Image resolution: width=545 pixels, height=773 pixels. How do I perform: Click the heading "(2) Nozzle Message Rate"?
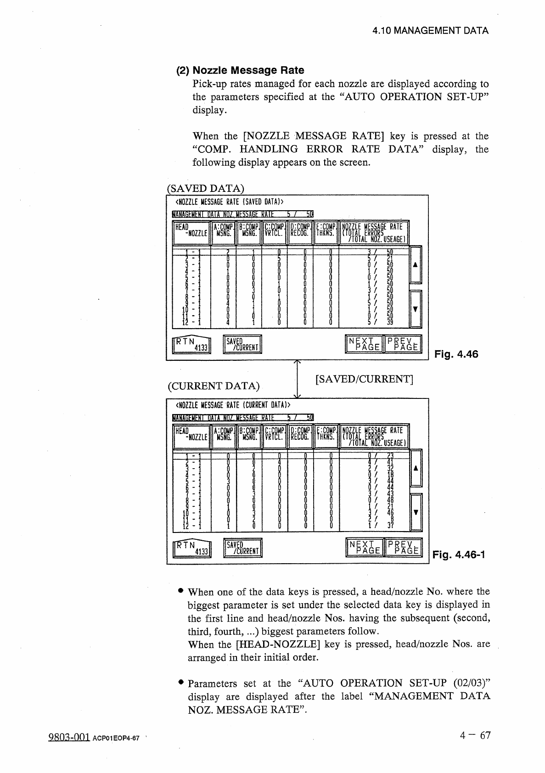241,70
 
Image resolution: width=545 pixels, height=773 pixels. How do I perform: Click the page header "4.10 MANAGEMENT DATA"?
430,31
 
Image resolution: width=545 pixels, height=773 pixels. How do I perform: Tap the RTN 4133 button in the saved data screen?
191,345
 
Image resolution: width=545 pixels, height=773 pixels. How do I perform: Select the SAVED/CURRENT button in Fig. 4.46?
242,345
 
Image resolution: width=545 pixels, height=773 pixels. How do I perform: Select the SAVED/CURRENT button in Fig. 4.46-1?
242,548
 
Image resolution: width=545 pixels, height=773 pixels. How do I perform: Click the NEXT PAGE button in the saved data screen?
364,345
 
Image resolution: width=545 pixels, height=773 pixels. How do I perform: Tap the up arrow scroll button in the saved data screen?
416,265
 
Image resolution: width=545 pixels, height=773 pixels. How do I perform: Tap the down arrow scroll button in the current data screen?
416,512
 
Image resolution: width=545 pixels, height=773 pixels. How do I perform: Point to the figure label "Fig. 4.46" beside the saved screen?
456,354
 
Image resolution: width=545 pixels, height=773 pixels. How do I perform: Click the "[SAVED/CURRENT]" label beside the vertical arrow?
365,379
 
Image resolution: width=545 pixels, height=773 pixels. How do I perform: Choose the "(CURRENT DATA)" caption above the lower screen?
214,386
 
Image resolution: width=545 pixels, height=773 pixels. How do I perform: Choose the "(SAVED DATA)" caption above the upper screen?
205,189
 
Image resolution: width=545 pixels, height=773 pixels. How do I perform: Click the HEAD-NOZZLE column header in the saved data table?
191,233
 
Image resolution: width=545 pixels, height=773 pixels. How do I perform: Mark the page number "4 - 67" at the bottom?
475,736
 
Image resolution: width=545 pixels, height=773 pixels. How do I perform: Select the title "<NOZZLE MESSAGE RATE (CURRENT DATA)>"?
234,405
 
